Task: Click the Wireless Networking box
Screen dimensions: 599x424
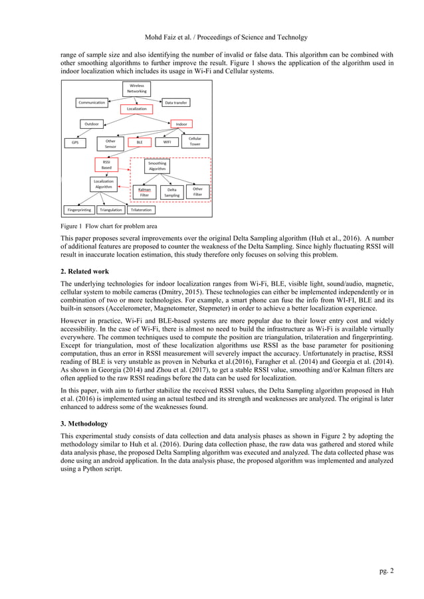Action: tap(137, 88)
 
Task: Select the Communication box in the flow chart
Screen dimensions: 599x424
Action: tap(92, 103)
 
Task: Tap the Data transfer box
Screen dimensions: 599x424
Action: tap(176, 103)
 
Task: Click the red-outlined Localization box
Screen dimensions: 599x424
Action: tap(137, 108)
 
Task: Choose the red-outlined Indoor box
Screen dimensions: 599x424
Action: tap(181, 124)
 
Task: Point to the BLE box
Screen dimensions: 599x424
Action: tap(140, 142)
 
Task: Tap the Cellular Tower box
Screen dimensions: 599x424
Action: tap(195, 141)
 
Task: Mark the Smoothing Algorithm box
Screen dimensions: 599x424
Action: tap(157, 166)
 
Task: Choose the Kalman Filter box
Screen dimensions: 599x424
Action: tap(144, 192)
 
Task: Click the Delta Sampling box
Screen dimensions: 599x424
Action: tap(171, 192)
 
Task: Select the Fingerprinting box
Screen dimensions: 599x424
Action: tap(79, 209)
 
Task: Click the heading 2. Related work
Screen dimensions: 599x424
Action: tap(89, 272)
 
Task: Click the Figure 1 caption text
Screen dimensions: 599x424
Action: tap(109, 226)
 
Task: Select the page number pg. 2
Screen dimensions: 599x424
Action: tap(385, 570)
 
